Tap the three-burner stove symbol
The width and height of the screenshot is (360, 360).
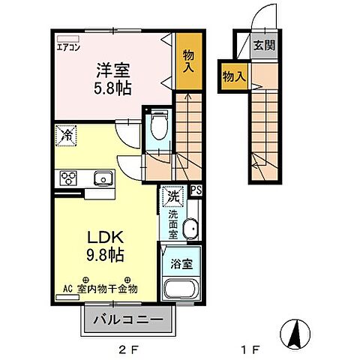click(x=68, y=178)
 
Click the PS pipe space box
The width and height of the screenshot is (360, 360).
click(x=195, y=190)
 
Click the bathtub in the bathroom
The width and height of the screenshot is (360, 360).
click(x=180, y=289)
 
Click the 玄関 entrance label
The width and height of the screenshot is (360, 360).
click(x=262, y=46)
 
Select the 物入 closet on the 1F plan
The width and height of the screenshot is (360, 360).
click(x=234, y=75)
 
